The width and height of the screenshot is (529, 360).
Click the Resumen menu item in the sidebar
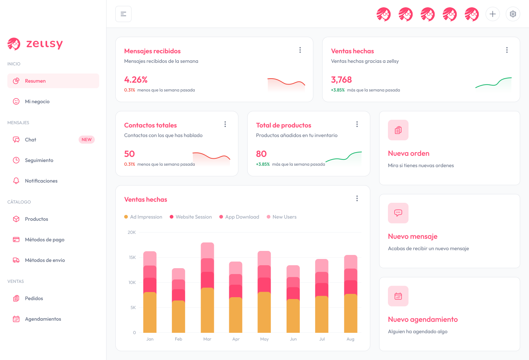pyautogui.click(x=35, y=81)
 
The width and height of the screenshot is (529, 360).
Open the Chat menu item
pyautogui.click(x=30, y=140)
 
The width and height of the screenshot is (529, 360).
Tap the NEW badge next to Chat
pyautogui.click(x=87, y=140)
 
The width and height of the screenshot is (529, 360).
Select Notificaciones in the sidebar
pyautogui.click(x=41, y=181)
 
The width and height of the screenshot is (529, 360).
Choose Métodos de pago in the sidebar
pyautogui.click(x=44, y=240)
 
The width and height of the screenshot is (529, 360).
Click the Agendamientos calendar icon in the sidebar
pyautogui.click(x=16, y=319)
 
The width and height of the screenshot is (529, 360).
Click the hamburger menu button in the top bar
pyautogui.click(x=123, y=14)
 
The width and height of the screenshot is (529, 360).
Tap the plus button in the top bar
pyautogui.click(x=493, y=14)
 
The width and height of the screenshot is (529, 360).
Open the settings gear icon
pyautogui.click(x=513, y=14)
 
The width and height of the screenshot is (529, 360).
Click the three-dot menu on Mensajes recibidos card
pyautogui.click(x=300, y=50)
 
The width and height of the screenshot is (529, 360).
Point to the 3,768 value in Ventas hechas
pyautogui.click(x=341, y=80)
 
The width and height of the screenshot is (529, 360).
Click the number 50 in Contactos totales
pyautogui.click(x=129, y=154)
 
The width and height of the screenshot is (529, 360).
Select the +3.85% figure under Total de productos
pyautogui.click(x=263, y=164)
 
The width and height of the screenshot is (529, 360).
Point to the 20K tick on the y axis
pyautogui.click(x=132, y=232)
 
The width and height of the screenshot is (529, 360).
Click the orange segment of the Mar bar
pyautogui.click(x=208, y=310)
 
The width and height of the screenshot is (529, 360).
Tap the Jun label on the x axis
pyautogui.click(x=293, y=339)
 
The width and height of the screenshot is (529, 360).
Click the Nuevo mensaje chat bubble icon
pyautogui.click(x=398, y=213)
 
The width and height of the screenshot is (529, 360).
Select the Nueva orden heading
pyautogui.click(x=409, y=154)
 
